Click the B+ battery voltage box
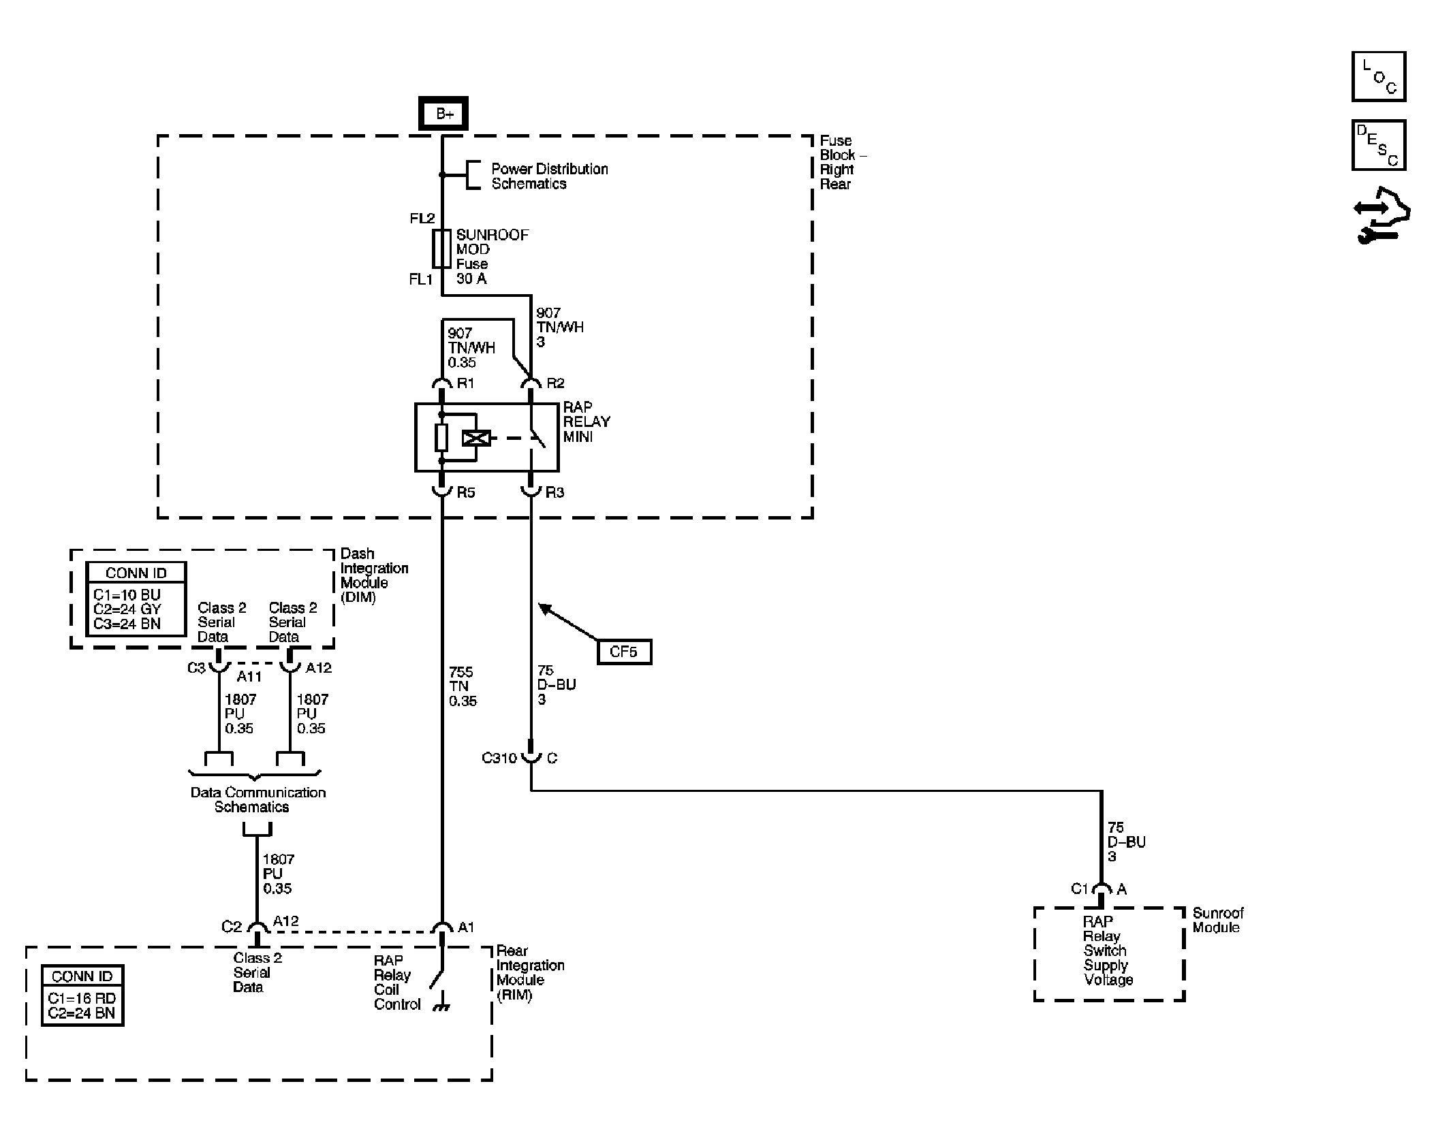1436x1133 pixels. point(443,113)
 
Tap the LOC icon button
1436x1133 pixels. point(1379,76)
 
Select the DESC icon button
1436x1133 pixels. point(1379,146)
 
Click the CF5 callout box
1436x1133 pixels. point(623,652)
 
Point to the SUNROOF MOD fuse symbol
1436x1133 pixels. point(441,248)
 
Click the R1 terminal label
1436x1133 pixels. point(465,383)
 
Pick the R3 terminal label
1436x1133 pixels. point(555,492)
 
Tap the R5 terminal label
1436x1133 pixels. point(466,492)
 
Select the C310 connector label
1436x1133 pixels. point(499,758)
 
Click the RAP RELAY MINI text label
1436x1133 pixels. point(587,422)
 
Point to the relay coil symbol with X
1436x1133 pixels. point(476,438)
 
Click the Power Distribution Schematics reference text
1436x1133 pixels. point(550,176)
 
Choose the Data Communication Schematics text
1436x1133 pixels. point(257,799)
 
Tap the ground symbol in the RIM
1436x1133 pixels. point(442,1006)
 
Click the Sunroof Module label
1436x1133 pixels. point(1218,920)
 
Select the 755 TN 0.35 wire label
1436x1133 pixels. point(463,686)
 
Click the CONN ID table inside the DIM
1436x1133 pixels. point(136,599)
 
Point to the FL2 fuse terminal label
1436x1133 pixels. point(422,219)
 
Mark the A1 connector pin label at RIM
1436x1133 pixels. point(466,927)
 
